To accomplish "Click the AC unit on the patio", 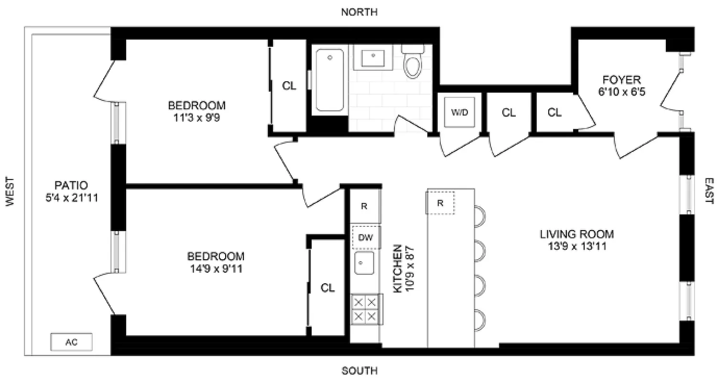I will coord(71,342).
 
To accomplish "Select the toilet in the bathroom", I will coord(412,62).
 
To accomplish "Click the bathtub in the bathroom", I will coord(329,80).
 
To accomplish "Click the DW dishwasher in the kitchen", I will coord(366,237).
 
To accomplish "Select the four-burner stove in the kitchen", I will coord(366,308).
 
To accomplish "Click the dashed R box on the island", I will coord(440,203).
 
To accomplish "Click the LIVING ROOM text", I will coord(576,234).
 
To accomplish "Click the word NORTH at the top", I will coord(359,12).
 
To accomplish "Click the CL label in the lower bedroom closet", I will coord(327,288).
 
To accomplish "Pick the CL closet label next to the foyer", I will coord(554,113).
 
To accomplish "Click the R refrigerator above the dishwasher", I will coord(364,206).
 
